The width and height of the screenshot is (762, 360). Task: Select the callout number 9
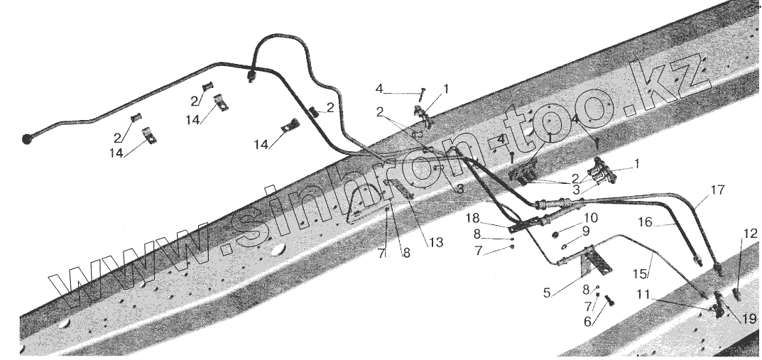(x=585, y=231)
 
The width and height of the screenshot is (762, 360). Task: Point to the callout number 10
(x=591, y=218)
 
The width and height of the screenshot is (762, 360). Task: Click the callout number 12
(x=751, y=234)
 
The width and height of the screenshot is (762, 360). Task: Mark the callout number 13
(x=436, y=243)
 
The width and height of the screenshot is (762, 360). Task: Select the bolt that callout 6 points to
(x=609, y=301)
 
